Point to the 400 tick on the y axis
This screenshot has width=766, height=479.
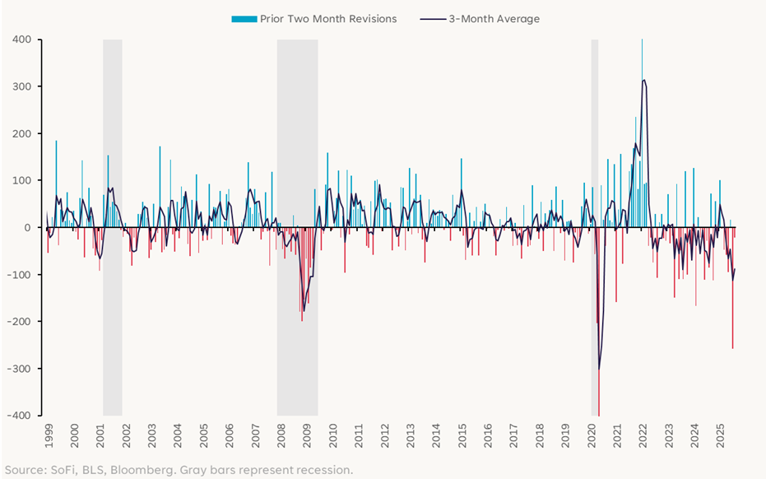(x=21, y=40)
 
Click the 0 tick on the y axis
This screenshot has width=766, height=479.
(x=27, y=228)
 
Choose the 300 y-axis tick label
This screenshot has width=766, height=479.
(x=21, y=86)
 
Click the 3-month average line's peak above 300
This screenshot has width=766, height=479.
(x=643, y=80)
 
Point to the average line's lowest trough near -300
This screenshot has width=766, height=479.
(x=599, y=370)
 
